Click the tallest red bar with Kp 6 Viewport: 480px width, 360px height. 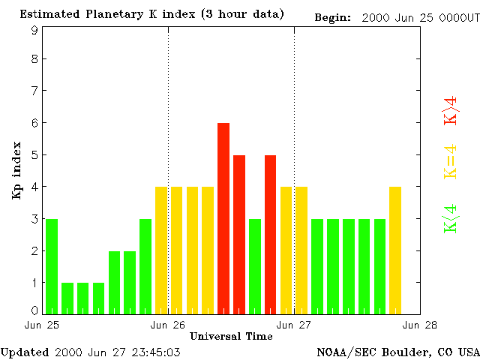(223, 217)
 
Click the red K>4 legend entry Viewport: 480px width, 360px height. (450, 110)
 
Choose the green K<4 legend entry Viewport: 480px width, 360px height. (450, 218)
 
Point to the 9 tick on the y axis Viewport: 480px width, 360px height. (34, 31)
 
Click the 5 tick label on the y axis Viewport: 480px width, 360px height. (34, 155)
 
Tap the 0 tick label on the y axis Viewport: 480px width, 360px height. (34, 310)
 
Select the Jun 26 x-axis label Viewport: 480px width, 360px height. (168, 325)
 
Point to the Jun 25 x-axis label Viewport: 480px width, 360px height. (42, 325)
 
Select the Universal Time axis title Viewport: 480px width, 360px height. (231, 336)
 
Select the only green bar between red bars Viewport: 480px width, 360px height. (254, 266)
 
